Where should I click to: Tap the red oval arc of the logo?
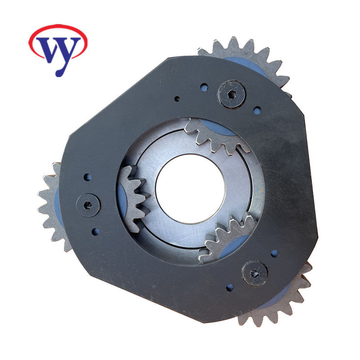point(58,25)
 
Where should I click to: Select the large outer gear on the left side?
point(50,207)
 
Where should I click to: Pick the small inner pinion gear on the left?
point(133,198)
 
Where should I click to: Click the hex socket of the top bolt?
point(231,94)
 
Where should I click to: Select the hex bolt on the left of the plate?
point(88,205)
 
